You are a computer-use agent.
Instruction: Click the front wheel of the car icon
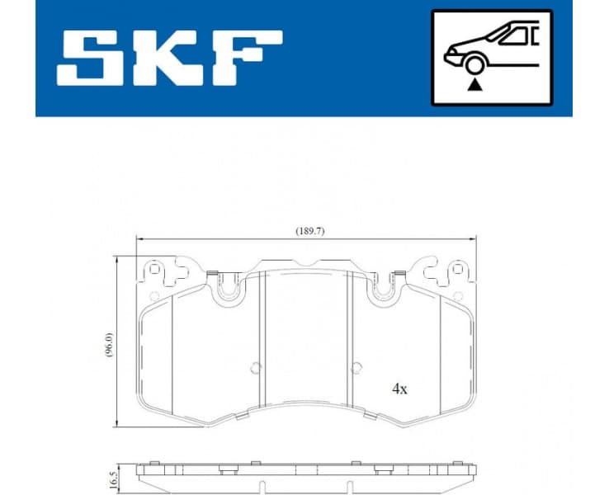[x=473, y=64]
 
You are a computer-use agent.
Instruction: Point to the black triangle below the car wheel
[x=473, y=85]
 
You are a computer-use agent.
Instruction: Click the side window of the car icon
[x=520, y=35]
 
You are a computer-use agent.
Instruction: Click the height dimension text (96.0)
[x=108, y=341]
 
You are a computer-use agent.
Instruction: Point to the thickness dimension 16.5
[x=108, y=477]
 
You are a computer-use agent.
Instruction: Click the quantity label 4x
[x=399, y=389]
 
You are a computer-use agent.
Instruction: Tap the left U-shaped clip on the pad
[x=228, y=286]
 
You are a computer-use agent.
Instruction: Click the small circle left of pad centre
[x=255, y=369]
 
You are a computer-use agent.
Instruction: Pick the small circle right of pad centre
[x=356, y=369]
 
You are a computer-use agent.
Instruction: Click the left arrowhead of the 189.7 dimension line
[x=139, y=239]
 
